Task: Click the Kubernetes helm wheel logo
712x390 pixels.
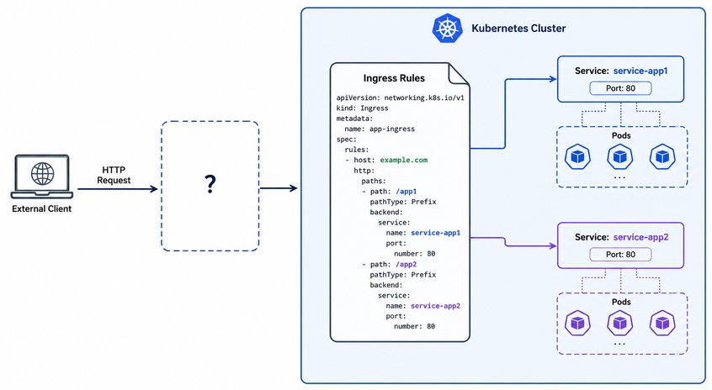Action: pos(447,28)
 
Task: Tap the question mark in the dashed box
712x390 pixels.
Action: pos(210,184)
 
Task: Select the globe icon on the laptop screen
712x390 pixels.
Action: pos(42,173)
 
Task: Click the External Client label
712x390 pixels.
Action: pos(42,208)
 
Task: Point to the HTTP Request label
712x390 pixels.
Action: pos(114,175)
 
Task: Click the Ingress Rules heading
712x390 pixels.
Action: pos(394,78)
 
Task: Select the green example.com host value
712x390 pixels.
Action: pos(404,160)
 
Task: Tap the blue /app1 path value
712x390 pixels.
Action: pos(406,192)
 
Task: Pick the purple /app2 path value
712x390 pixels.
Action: pos(406,265)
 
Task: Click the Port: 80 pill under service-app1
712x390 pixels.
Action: pos(620,88)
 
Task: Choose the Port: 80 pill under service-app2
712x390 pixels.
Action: pos(620,255)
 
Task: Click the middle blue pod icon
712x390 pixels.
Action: pos(619,156)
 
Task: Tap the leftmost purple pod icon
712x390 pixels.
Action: pos(577,323)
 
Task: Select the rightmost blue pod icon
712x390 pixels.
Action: pos(662,156)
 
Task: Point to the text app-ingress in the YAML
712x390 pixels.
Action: pos(392,129)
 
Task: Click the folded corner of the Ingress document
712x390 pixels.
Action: pos(459,74)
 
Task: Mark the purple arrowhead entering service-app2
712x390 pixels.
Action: pos(554,245)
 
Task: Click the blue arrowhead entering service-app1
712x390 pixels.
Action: pos(554,79)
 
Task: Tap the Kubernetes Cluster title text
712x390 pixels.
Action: pos(518,28)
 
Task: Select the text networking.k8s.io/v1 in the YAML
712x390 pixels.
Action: pos(424,97)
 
